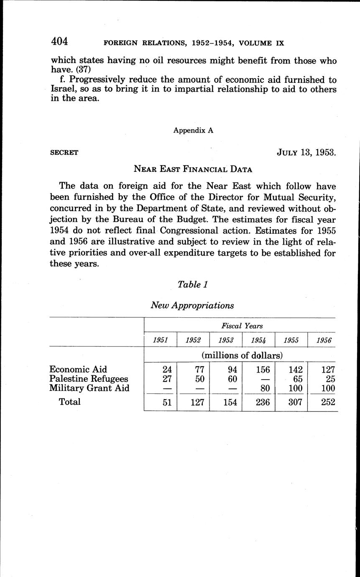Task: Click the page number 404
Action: (x=59, y=42)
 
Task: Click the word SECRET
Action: (x=64, y=153)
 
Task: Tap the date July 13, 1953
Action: (x=306, y=152)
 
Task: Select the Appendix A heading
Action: (x=193, y=130)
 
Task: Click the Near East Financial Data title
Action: (x=193, y=169)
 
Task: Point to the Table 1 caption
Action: (x=193, y=284)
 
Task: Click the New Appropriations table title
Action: (x=192, y=305)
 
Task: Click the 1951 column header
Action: (x=160, y=340)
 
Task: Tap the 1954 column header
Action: (x=258, y=340)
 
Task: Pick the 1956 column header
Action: (x=324, y=340)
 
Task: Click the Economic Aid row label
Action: (x=78, y=369)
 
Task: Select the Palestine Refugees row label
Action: (x=89, y=379)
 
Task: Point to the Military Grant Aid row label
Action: (x=89, y=388)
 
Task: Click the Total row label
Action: (x=70, y=402)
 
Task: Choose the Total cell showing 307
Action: (x=295, y=402)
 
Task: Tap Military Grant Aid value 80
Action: (x=265, y=388)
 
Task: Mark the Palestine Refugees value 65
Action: (x=298, y=379)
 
